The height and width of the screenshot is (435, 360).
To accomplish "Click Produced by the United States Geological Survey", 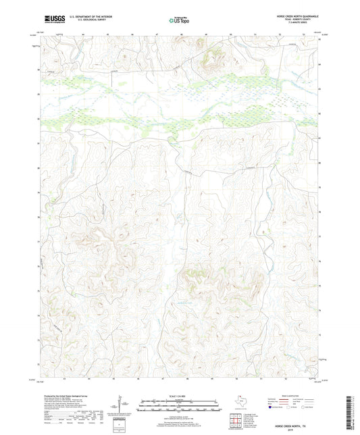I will click(68, 396).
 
